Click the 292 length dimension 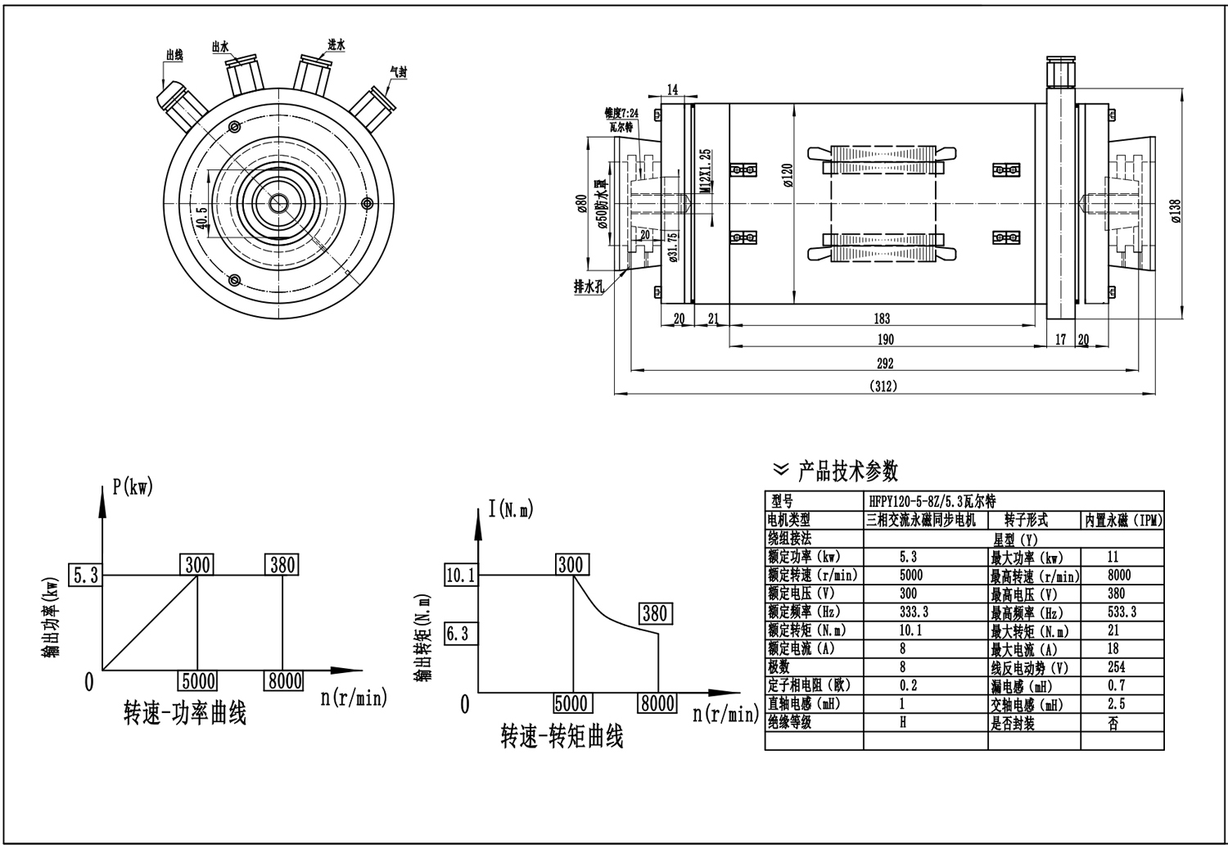pyautogui.click(x=885, y=364)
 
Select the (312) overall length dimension pyautogui.click(x=884, y=386)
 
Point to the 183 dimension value pyautogui.click(x=883, y=319)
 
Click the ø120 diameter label pyautogui.click(x=788, y=175)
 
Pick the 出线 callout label pyautogui.click(x=174, y=55)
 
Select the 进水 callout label pyautogui.click(x=336, y=45)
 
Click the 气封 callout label pyautogui.click(x=399, y=72)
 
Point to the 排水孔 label pyautogui.click(x=589, y=287)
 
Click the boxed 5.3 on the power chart pyautogui.click(x=85, y=576)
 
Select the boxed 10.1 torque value pyautogui.click(x=460, y=576)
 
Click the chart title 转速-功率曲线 pyautogui.click(x=185, y=713)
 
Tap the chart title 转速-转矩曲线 pyautogui.click(x=562, y=737)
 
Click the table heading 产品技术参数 pyautogui.click(x=847, y=471)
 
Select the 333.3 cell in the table pyautogui.click(x=914, y=612)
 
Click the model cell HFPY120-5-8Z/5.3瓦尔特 pyautogui.click(x=932, y=501)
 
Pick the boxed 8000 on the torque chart pyautogui.click(x=657, y=703)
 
